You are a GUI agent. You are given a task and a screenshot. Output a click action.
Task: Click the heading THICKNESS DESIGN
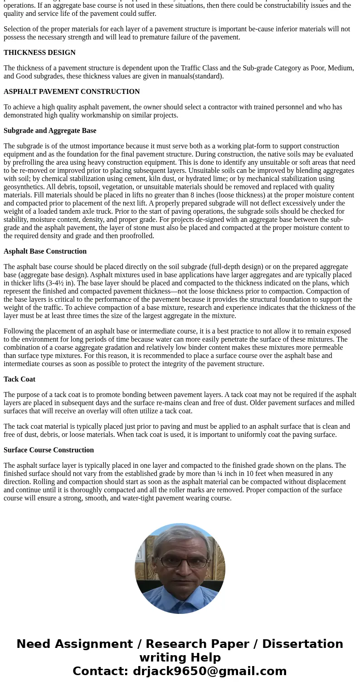click(39, 53)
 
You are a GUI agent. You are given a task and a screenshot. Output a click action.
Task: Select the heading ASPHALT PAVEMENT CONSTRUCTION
click(72, 92)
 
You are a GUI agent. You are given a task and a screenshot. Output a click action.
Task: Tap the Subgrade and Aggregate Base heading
click(50, 131)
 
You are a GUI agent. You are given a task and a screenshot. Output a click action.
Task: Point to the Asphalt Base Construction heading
click(45, 251)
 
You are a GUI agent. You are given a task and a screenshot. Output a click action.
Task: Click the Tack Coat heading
click(19, 379)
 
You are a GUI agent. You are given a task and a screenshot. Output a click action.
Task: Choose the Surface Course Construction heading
click(49, 450)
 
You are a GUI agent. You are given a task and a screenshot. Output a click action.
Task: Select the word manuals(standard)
click(195, 76)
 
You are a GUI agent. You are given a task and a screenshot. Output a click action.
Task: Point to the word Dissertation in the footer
click(302, 644)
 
